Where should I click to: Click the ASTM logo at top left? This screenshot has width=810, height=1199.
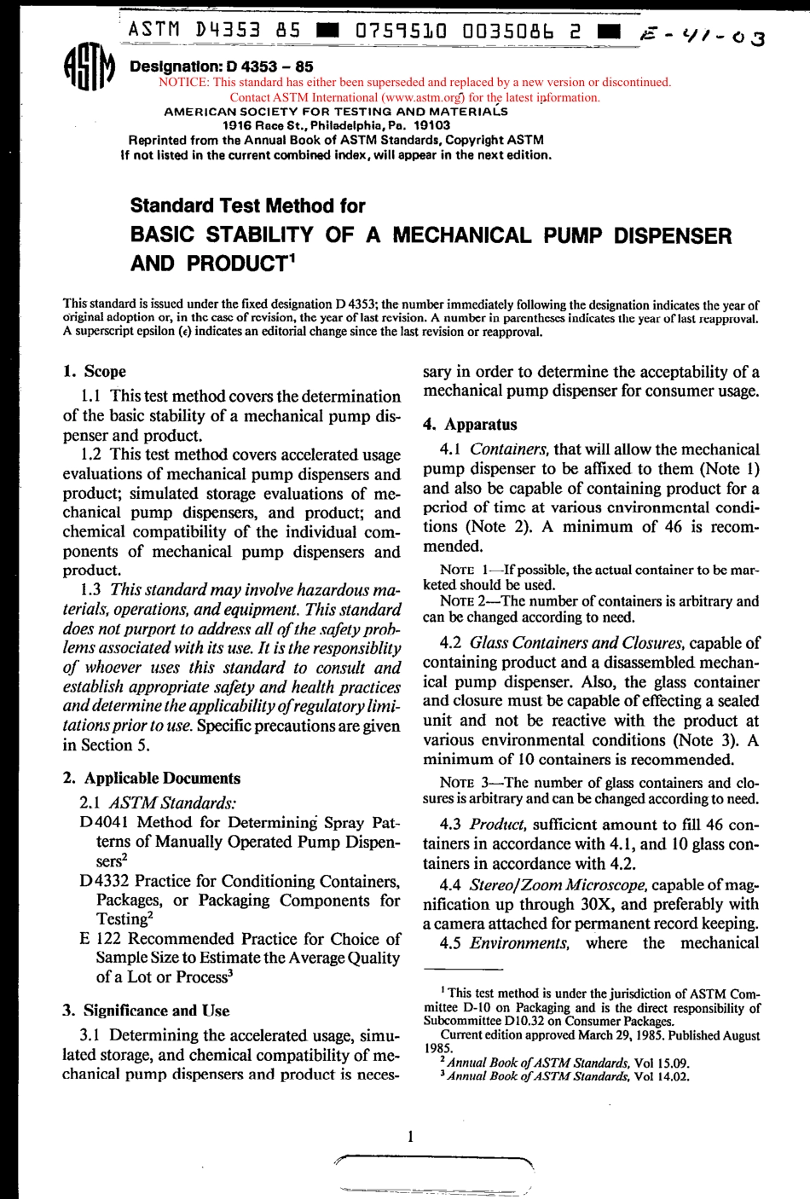tap(89, 67)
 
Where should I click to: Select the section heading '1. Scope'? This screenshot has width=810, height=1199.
tap(95, 371)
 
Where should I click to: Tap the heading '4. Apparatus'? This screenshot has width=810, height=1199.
tap(470, 424)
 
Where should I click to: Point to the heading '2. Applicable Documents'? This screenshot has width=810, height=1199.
tap(152, 778)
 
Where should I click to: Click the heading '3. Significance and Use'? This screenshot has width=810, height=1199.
tap(146, 1011)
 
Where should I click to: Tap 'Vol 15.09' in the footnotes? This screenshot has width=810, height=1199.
tap(662, 1063)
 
